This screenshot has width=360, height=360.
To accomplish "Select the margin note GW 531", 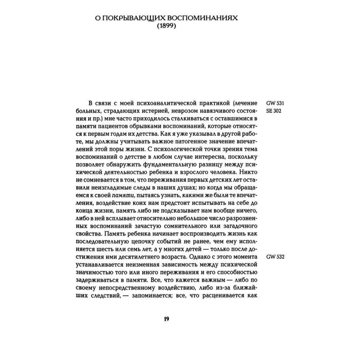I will [x=276, y=103].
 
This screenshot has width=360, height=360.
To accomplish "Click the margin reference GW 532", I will [x=276, y=257].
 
